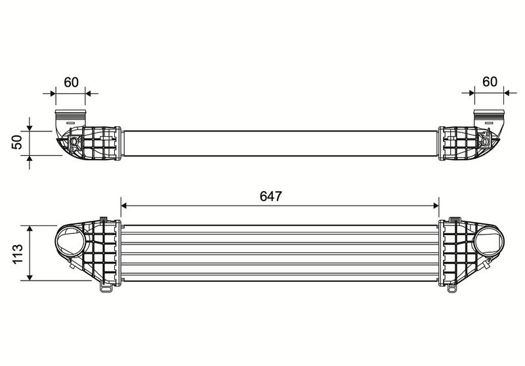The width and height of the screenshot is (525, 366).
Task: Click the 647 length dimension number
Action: click(x=271, y=196)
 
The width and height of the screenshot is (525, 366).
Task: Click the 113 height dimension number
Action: click(x=18, y=254)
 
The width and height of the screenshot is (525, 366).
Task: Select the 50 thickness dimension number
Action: click(x=17, y=142)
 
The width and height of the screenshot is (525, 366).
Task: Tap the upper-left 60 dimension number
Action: click(x=71, y=82)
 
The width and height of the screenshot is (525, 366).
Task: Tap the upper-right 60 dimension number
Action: click(x=490, y=81)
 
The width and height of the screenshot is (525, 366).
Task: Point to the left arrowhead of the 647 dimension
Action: click(x=124, y=206)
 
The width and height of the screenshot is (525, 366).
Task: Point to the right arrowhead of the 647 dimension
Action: click(x=436, y=206)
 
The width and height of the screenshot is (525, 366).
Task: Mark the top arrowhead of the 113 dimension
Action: click(x=30, y=229)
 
